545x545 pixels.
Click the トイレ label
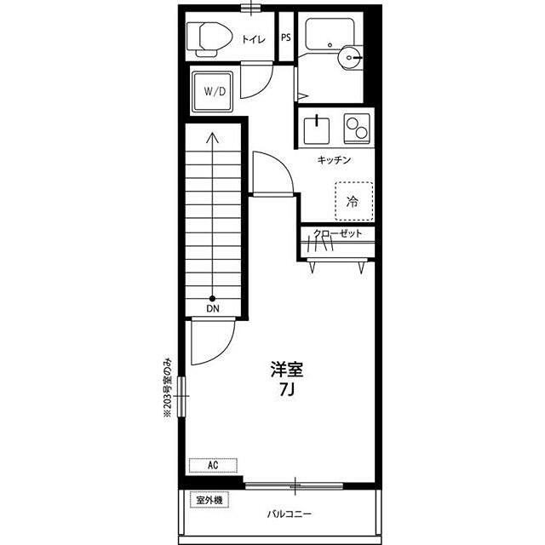coord(254,39)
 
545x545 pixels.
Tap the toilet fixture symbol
coord(209,39)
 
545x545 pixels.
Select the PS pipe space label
coord(286,37)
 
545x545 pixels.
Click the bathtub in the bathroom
coord(330,34)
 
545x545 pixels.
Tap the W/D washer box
coord(213,92)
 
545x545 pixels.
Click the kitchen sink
coord(317,130)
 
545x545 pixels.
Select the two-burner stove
coord(357,129)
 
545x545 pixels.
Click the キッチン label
coord(334,160)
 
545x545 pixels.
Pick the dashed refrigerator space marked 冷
coord(354,201)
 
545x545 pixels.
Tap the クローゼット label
coord(338,232)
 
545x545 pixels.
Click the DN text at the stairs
coord(213,308)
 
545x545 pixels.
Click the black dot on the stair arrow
coord(212,298)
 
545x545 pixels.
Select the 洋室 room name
coord(287,370)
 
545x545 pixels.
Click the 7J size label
coord(287,391)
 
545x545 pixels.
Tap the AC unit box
coord(213,466)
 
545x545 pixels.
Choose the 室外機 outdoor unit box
coord(209,500)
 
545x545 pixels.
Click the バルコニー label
coord(290,513)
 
